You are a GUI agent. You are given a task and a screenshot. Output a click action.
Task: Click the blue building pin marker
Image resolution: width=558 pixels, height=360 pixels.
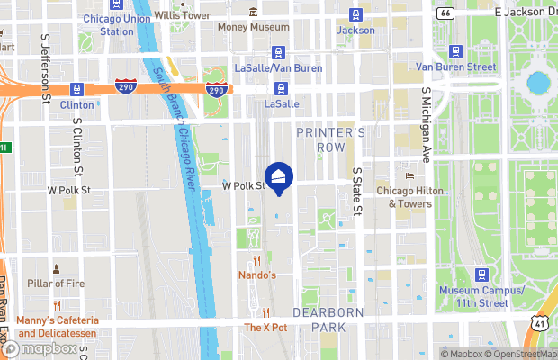pos(279,177)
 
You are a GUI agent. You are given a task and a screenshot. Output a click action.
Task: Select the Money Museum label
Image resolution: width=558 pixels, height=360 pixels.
pos(253,28)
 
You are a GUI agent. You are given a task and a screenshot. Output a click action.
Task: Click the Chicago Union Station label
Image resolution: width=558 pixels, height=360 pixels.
pos(117,25)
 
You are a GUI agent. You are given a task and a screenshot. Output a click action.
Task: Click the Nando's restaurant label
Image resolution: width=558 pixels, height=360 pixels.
pos(256,274)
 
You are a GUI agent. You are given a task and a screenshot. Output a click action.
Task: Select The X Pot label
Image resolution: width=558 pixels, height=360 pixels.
pos(265,328)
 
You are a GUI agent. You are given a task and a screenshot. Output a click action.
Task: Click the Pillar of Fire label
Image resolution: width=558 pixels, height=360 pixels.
pos(56,285)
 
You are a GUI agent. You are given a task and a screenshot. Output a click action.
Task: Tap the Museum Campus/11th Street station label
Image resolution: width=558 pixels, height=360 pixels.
pos(481,296)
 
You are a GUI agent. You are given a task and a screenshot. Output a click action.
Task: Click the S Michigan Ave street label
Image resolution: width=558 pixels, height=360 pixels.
pos(427,124)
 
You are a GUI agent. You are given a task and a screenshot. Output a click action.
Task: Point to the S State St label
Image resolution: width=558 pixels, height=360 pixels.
pos(357,190)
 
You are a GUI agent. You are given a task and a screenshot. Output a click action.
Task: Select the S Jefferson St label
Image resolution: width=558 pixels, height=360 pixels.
pos(44,71)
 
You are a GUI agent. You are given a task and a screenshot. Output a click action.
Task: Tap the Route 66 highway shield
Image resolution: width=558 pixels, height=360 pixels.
pos(445,13)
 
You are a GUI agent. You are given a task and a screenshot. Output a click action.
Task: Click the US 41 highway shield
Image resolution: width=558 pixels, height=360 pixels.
pos(539,322)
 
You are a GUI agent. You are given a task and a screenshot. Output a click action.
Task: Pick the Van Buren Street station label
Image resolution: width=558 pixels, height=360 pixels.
pos(455,67)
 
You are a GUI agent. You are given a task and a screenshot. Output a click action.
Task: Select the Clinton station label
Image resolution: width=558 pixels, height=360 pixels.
pos(76,104)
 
